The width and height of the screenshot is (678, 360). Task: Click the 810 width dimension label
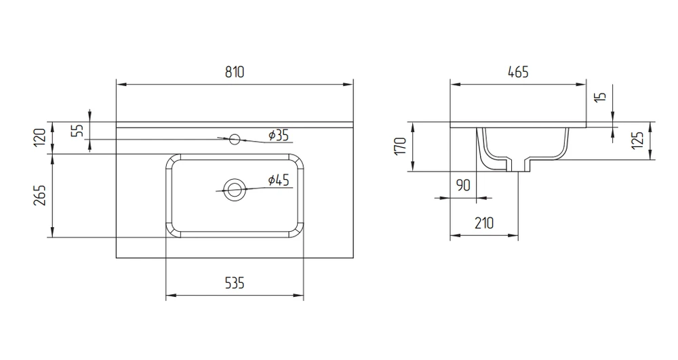click(x=235, y=72)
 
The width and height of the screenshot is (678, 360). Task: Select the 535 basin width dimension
click(x=235, y=283)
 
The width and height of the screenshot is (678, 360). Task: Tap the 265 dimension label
click(x=40, y=195)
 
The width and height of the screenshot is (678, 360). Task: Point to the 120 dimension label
click(x=40, y=137)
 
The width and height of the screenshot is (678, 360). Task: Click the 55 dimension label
click(x=77, y=131)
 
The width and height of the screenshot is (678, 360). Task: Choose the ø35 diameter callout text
click(x=279, y=136)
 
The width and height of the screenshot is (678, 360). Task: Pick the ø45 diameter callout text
click(x=279, y=180)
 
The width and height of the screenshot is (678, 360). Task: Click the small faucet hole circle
click(x=235, y=139)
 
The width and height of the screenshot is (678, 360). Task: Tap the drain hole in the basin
click(x=234, y=189)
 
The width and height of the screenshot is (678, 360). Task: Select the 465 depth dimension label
click(x=518, y=72)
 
